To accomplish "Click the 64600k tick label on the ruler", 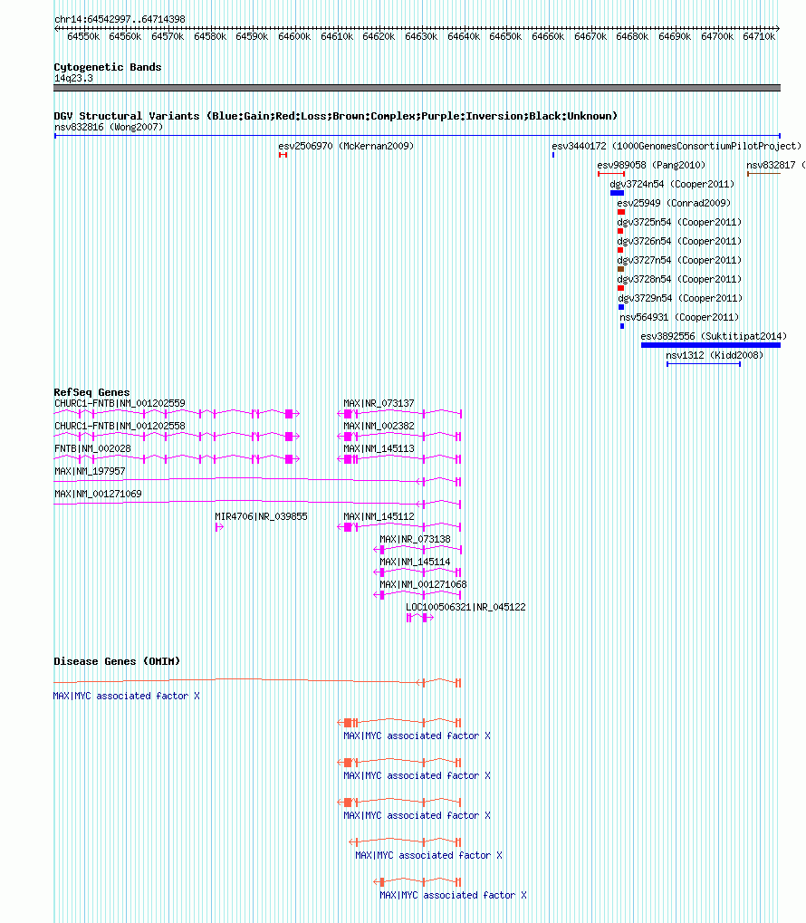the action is point(294,36).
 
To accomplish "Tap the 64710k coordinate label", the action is point(759,36).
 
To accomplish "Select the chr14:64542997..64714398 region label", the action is point(120,19).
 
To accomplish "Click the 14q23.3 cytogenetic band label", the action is point(73,78).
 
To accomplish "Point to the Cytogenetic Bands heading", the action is point(108,67).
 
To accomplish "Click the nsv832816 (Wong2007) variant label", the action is point(109,127).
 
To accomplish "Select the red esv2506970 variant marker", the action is point(283,155).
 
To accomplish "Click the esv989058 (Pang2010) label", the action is point(651,166).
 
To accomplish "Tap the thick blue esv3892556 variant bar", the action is point(711,345).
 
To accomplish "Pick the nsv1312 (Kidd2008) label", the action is point(715,356).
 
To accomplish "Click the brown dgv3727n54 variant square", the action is point(620,269).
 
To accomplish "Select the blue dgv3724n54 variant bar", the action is point(617,193).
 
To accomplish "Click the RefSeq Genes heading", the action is point(91,392).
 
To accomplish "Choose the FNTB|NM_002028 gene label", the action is point(93,448).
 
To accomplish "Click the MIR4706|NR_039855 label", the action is point(261,517).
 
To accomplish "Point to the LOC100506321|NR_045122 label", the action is point(465,608).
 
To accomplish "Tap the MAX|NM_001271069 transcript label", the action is point(99,494).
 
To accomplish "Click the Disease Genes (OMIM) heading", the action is point(117,661).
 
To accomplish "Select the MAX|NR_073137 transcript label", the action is point(379,403).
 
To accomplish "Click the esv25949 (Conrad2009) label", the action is point(674,203).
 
